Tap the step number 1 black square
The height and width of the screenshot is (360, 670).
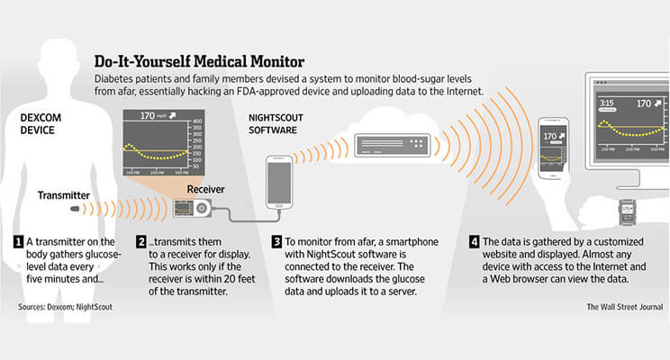click(18, 241)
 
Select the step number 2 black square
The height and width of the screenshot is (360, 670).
click(141, 241)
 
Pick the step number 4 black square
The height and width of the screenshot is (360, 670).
click(474, 241)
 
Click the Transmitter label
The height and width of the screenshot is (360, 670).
click(63, 193)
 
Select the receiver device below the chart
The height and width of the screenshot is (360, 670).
click(195, 209)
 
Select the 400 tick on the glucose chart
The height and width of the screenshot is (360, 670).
click(222, 121)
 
